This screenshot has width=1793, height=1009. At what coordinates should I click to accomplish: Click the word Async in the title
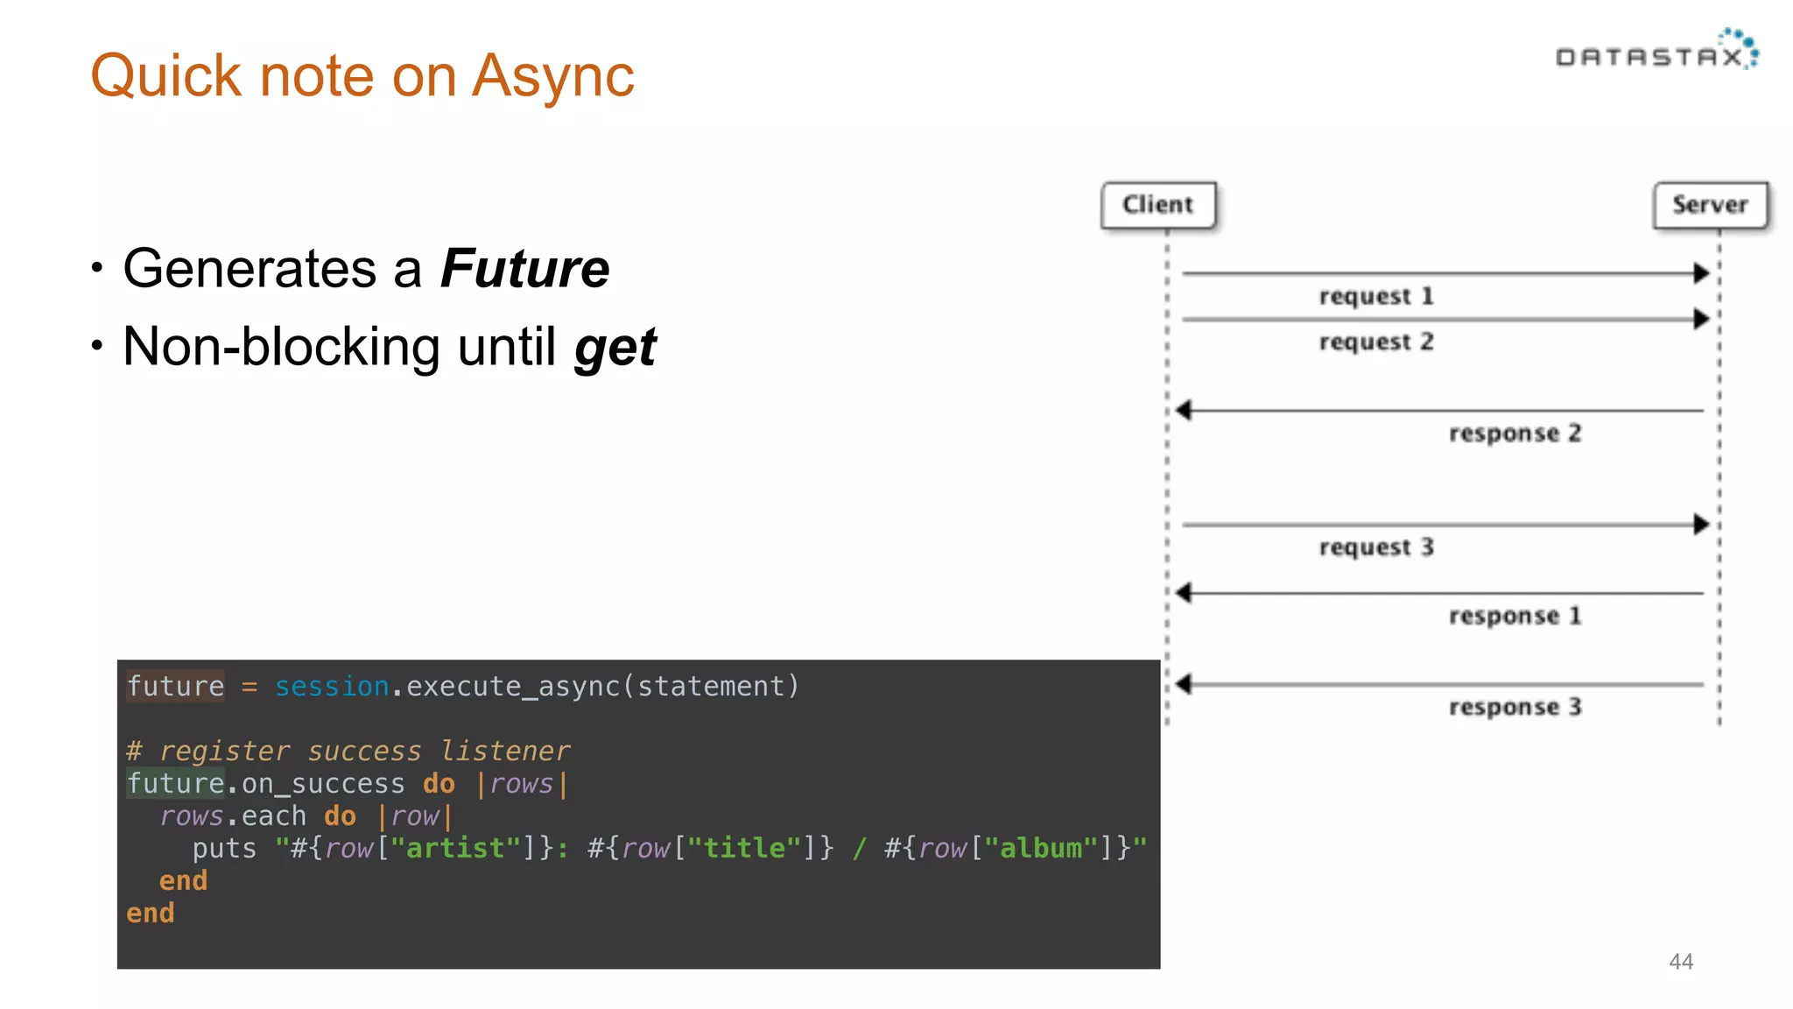[552, 77]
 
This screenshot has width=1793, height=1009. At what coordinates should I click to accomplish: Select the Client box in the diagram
[1157, 205]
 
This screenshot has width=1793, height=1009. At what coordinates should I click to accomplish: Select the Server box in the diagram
[1710, 205]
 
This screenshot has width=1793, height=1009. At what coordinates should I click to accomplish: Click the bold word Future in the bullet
[524, 268]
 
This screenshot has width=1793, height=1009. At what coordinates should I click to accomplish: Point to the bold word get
[615, 348]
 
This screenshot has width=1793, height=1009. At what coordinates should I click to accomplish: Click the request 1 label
[1375, 296]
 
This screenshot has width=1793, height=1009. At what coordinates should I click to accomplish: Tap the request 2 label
[1375, 342]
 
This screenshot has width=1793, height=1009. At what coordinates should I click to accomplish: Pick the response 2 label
[1514, 433]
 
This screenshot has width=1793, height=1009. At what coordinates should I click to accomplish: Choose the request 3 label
[1375, 547]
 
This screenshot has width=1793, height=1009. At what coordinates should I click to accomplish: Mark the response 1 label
[1514, 616]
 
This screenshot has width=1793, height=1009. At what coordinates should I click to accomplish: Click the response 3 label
[1514, 707]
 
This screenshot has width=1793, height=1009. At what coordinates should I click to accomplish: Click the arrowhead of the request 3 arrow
[1701, 525]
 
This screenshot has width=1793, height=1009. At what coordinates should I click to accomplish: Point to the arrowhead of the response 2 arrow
[1185, 410]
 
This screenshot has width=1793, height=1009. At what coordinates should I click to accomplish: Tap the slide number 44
[1680, 962]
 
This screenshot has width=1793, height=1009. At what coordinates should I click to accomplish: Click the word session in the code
[332, 687]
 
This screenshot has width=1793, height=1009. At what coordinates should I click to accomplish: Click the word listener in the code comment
[505, 751]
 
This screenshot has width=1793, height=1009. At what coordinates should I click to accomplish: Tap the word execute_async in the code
[512, 687]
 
